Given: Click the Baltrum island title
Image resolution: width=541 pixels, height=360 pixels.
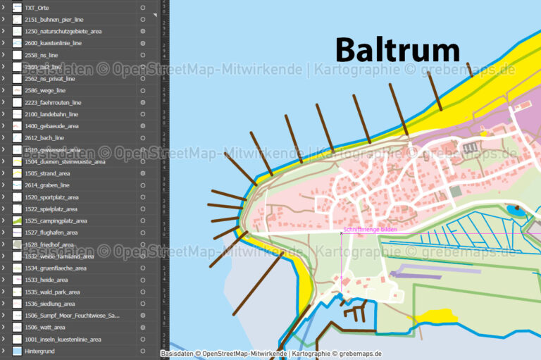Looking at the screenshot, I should click(x=397, y=50).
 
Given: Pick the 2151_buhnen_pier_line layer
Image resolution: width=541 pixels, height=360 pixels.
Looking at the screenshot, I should click(x=54, y=20).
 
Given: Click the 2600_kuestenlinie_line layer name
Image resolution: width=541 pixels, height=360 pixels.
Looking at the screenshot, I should click(x=53, y=43).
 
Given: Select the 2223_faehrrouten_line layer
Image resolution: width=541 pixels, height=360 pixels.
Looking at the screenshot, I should click(x=53, y=102).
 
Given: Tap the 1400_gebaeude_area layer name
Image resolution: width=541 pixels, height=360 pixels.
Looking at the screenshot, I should click(x=51, y=126).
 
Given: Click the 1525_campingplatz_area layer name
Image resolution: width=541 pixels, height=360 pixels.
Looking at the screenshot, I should click(x=56, y=221).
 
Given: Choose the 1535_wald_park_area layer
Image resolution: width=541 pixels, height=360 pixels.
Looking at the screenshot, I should click(x=52, y=292).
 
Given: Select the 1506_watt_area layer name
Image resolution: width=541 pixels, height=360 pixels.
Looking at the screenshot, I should click(x=45, y=328).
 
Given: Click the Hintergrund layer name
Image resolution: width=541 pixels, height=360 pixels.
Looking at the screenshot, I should click(x=39, y=351).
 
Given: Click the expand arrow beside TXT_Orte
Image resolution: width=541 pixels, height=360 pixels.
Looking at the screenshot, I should click(x=4, y=8).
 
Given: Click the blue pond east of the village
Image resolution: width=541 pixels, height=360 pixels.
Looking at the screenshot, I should click(x=516, y=210).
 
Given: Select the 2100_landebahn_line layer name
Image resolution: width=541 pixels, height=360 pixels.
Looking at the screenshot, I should click(x=51, y=114).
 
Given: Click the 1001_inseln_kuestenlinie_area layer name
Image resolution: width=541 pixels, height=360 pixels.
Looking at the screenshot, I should click(x=63, y=340).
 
